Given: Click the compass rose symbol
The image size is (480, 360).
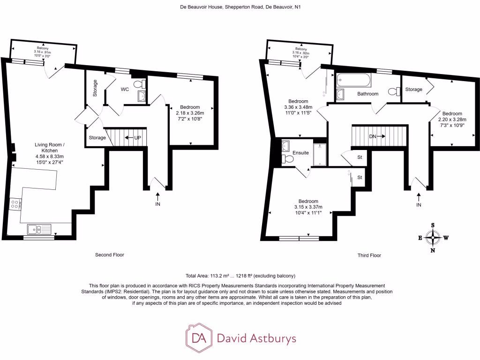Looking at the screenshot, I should click(432, 238).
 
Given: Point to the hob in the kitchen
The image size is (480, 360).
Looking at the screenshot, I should click(15, 204).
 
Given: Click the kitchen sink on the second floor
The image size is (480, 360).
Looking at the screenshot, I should click(39, 229).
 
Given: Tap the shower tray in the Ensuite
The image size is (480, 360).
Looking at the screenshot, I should click(320, 154).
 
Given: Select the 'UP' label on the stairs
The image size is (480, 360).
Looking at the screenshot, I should click(138, 138).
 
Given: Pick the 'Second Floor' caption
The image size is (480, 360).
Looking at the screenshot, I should click(110, 255).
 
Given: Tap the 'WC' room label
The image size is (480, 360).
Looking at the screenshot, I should click(124, 89).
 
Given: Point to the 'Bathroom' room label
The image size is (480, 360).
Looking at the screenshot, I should click(368, 94).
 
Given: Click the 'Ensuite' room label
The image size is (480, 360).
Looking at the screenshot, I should click(300, 153).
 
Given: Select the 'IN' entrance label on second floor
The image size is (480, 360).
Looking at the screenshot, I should click(157, 204).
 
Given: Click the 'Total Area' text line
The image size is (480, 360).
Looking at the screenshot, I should click(240, 276).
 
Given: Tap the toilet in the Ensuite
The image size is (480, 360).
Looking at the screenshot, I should click(287, 160).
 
